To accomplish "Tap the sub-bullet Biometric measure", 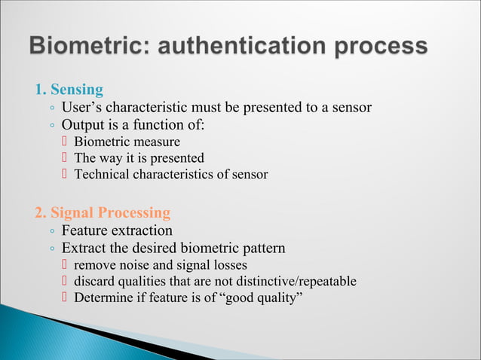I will (127, 142).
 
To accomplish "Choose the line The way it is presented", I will (139, 158).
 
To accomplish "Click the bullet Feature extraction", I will (117, 230).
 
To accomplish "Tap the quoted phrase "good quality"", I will (261, 298).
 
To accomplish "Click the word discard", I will (93, 282).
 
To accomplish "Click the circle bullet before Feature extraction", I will (51, 232).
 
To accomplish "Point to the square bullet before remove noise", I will (65, 265).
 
